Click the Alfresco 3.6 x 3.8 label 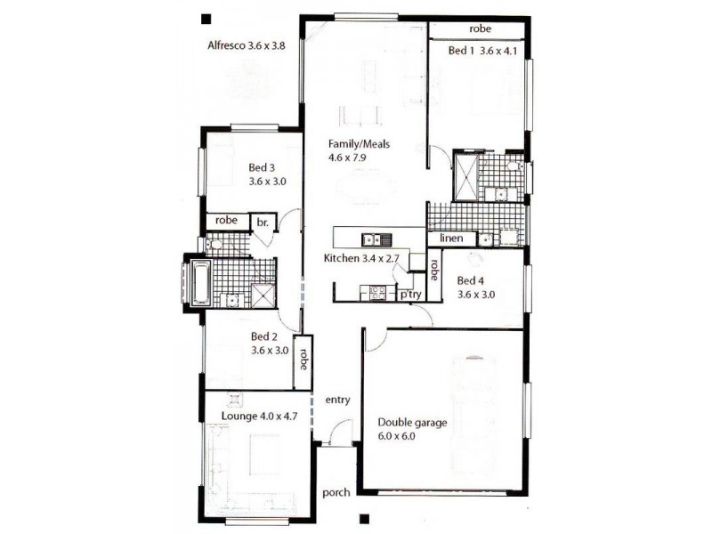click(247, 45)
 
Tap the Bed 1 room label click(482, 51)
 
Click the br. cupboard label click(263, 222)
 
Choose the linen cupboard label click(451, 238)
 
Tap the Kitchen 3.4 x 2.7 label click(361, 258)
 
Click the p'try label click(410, 295)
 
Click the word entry click(338, 400)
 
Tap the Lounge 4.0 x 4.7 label click(259, 416)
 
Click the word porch click(336, 493)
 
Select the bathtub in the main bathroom click(201, 282)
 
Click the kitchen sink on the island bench click(376, 239)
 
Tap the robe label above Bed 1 click(480, 28)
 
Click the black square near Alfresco click(206, 19)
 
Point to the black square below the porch click(364, 519)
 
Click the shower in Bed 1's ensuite click(465, 177)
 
